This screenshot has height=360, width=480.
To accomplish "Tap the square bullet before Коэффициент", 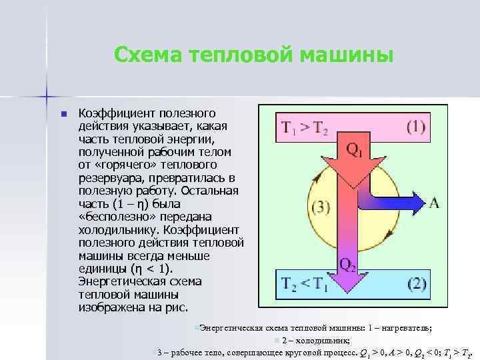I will (x=63, y=114).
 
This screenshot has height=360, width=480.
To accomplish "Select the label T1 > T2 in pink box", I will (x=305, y=128).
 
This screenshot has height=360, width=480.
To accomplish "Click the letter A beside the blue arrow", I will (x=433, y=202).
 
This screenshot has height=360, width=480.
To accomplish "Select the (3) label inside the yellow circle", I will (x=321, y=207).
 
